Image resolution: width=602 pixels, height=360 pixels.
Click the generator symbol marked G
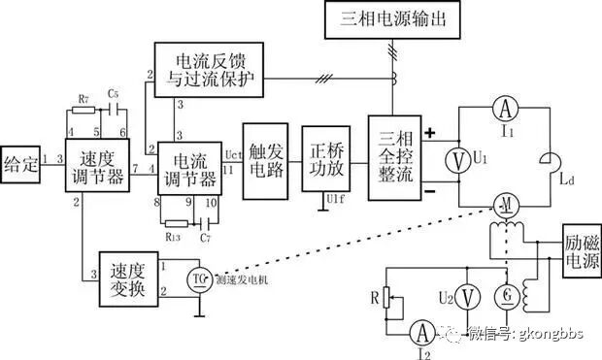click(x=504, y=294)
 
